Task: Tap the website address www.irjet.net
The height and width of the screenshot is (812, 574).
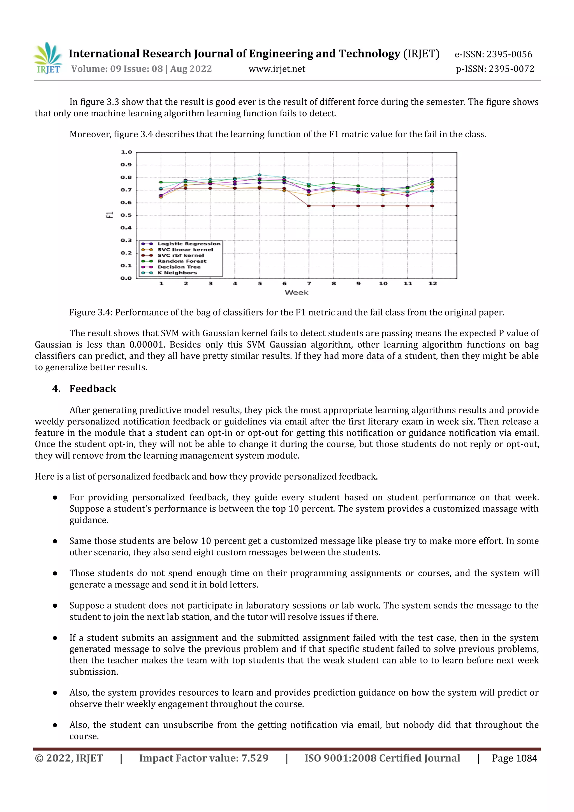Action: pos(277,69)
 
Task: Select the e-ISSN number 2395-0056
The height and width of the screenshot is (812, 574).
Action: pos(509,54)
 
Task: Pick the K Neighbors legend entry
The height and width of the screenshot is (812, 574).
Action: pos(177,273)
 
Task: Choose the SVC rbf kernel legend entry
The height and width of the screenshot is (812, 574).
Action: pos(180,255)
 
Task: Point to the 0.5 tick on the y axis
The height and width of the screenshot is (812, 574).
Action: pos(126,215)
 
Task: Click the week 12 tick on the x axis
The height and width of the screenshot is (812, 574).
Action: pos(432,283)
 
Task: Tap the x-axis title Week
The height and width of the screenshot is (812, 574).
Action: pos(296,292)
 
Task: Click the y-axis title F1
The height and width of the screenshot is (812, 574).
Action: pos(110,215)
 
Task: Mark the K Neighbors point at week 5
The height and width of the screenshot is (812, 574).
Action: pos(260,175)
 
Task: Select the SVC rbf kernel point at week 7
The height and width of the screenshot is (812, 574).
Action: pos(309,206)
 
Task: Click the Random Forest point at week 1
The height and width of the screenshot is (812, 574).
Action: pos(161,182)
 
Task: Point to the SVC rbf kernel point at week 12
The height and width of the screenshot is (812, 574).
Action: pos(432,206)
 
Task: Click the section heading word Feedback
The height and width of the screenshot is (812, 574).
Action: pos(93,389)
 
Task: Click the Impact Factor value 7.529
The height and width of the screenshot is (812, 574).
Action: pos(255,758)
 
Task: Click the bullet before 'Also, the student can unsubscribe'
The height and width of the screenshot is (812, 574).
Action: pos(55,725)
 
